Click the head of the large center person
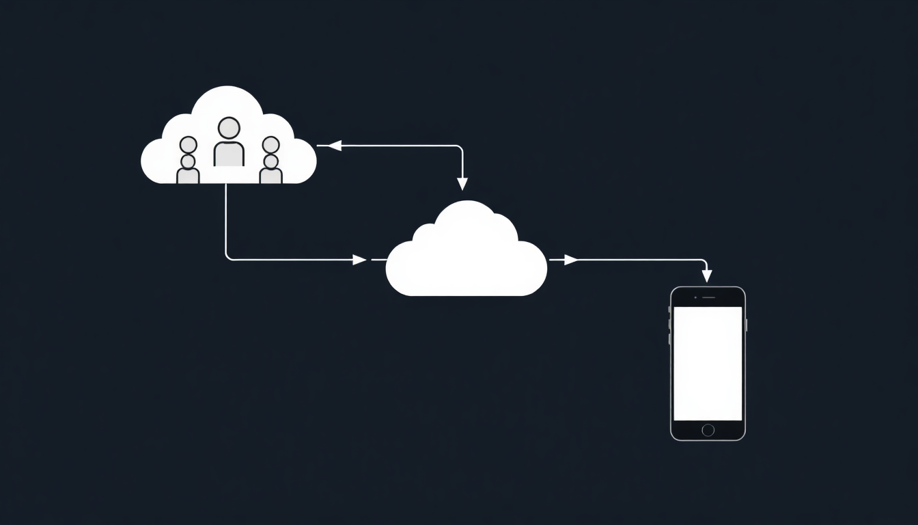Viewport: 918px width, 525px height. [229, 128]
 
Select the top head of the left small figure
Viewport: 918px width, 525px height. [189, 145]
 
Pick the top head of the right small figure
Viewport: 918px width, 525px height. [271, 145]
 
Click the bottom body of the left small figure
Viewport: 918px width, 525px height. [188, 176]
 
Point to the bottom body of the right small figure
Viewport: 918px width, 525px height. [271, 176]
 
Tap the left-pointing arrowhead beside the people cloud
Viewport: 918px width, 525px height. [334, 145]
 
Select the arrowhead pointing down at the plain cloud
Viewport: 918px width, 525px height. [462, 183]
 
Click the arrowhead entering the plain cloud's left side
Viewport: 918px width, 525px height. [359, 260]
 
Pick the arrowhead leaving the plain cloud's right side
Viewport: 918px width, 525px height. [570, 260]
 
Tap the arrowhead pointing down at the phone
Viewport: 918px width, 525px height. [707, 276]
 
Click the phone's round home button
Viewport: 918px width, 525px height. [708, 430]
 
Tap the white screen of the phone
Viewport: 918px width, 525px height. [708, 363]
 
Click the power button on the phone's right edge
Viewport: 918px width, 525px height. [746, 325]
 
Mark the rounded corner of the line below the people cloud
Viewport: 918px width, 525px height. [228, 257]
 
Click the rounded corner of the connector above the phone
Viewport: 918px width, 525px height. [704, 262]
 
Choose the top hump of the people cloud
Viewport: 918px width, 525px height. [227, 99]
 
